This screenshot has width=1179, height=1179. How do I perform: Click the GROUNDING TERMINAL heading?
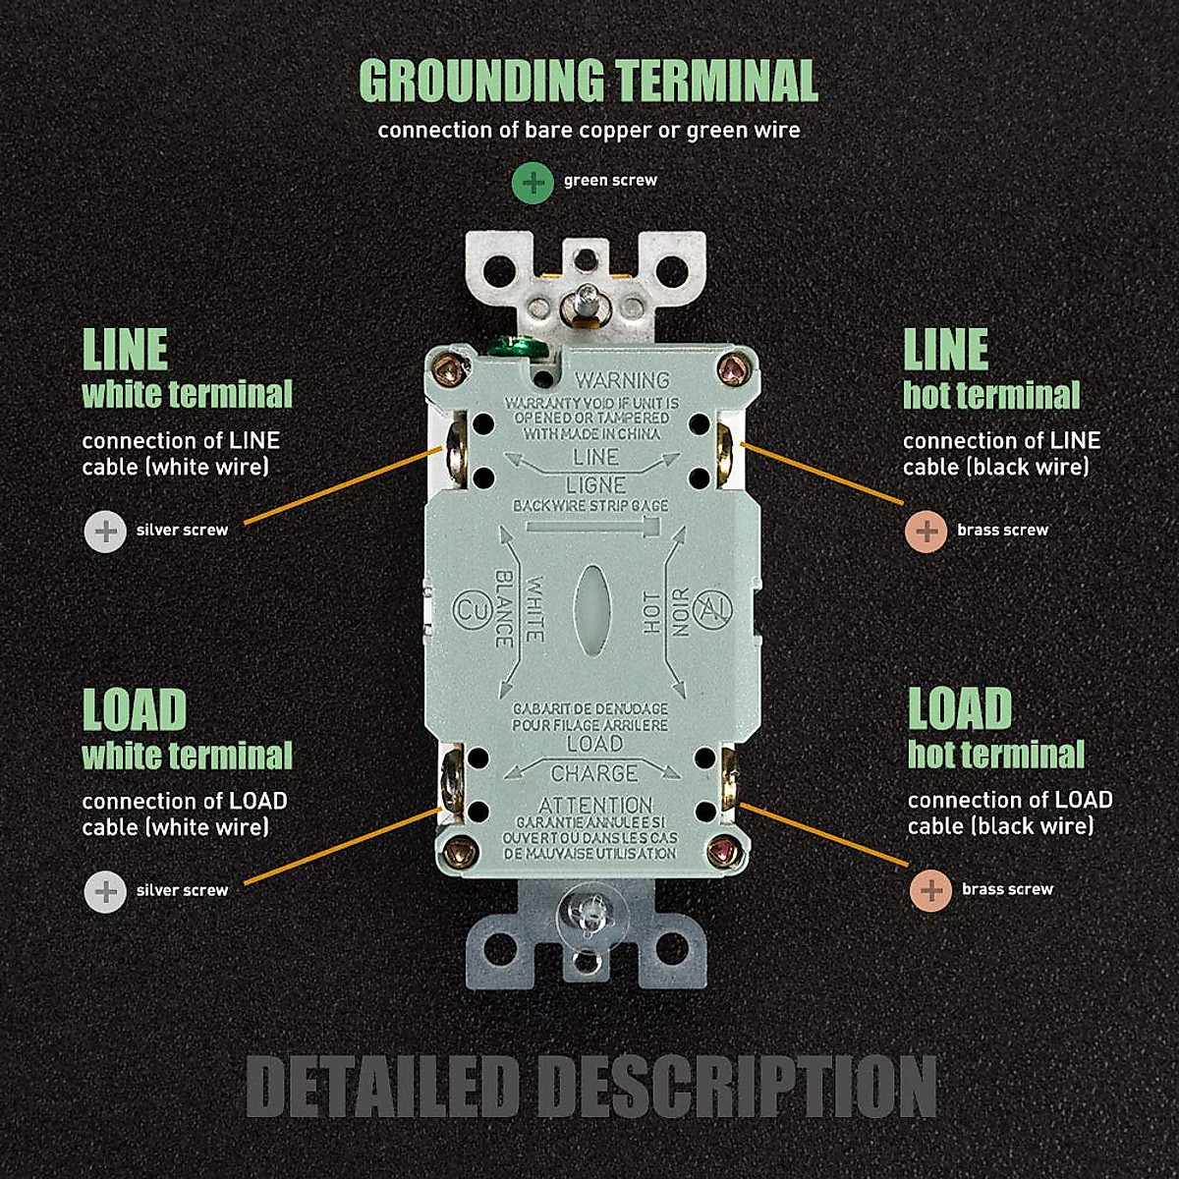pos(589,81)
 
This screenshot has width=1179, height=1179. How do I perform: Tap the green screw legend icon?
pos(533,182)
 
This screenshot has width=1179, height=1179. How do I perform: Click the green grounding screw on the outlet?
pos(512,346)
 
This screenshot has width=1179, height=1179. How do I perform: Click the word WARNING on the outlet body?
pos(621,379)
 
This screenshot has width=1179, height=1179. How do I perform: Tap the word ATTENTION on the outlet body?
pos(594,804)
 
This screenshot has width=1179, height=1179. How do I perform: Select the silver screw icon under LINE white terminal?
pos(105,531)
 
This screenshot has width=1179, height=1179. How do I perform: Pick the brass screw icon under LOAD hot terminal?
pos(929,890)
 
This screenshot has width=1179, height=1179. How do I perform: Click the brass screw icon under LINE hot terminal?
pos(925,531)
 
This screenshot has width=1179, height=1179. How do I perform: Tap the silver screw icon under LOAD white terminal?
pos(105,891)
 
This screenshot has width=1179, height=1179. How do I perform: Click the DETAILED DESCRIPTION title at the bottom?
pos(590,1087)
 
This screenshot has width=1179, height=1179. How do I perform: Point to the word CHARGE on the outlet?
pos(593,773)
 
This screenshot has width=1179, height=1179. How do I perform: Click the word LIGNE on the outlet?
pos(595,484)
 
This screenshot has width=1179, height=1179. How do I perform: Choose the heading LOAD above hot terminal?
pos(959,709)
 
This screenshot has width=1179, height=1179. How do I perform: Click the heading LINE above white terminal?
pos(125,350)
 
